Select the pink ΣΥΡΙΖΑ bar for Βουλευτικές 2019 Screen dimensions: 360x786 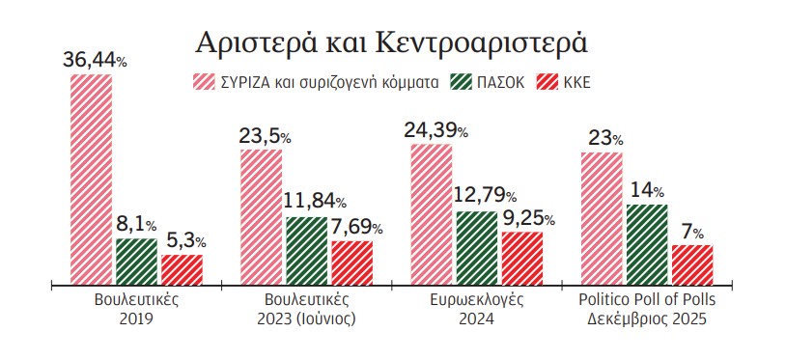(91, 179)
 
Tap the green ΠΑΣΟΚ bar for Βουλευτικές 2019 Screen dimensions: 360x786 (136, 262)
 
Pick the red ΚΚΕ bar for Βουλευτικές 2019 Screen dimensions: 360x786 (182, 269)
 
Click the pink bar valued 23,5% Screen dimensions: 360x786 (261, 217)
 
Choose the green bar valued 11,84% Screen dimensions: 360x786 (306, 251)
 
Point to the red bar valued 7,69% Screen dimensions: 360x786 (351, 263)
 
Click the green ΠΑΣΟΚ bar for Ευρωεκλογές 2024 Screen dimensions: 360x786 (476, 248)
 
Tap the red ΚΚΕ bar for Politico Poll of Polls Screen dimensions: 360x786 (691, 264)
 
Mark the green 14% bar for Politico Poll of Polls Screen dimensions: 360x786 (646, 244)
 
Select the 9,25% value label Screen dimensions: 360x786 (522, 219)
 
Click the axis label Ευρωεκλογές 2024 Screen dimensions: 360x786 (476, 310)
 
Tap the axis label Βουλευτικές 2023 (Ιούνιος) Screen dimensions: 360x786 (306, 310)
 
